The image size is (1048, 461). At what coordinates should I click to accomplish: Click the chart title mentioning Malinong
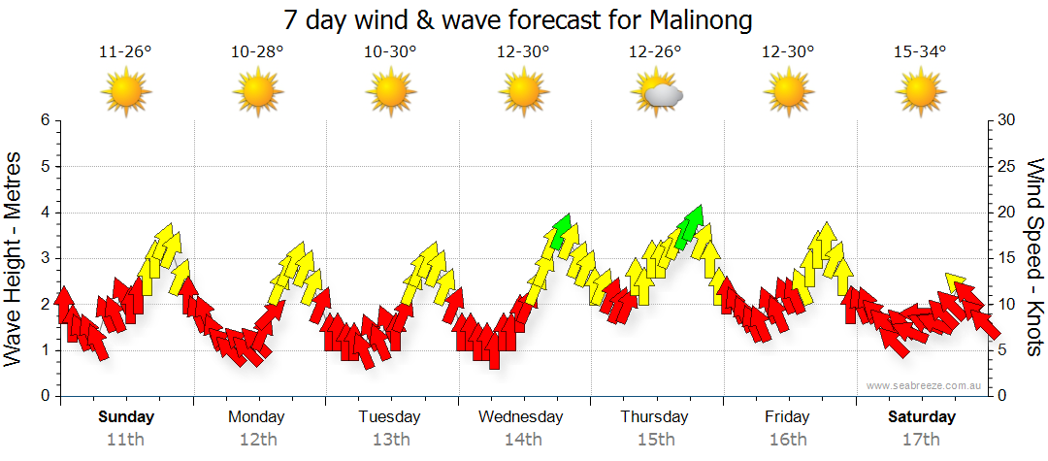[x=518, y=19]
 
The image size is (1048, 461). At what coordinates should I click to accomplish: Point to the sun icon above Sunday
[x=126, y=93]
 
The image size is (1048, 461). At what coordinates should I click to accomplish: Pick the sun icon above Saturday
[x=920, y=93]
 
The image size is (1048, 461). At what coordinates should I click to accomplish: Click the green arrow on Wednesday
[x=560, y=230]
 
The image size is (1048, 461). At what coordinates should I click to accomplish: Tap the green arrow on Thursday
[x=691, y=223]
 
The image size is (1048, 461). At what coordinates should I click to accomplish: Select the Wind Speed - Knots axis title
[x=1034, y=257]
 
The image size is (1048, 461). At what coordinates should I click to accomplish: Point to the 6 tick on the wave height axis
[x=44, y=120]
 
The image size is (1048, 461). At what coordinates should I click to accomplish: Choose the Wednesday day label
[x=521, y=417]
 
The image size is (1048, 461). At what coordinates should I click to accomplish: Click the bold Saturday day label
[x=922, y=417]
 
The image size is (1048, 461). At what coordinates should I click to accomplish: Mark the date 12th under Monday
[x=257, y=439]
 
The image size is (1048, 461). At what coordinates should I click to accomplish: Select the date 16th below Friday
[x=787, y=439]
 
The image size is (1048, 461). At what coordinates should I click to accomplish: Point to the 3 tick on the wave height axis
[x=44, y=258]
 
